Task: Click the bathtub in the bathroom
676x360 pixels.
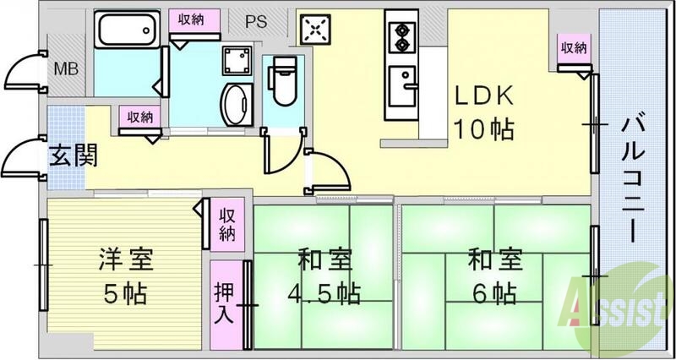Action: (126, 32)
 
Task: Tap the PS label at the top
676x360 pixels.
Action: (256, 23)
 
